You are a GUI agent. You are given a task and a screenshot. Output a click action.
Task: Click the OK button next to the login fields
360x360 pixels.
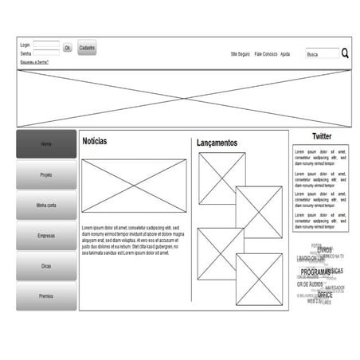point(68,48)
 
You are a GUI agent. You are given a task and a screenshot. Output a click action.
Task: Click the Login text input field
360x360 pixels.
point(46,45)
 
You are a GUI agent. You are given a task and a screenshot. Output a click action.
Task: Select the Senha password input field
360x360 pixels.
point(46,53)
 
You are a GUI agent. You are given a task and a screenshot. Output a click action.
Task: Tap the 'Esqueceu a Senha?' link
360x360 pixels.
point(34,61)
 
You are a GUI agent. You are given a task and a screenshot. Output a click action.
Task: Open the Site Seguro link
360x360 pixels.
point(240,54)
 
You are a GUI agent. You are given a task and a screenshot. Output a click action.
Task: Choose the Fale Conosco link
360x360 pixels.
point(265,54)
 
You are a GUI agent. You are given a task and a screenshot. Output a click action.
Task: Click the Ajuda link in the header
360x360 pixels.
point(285,54)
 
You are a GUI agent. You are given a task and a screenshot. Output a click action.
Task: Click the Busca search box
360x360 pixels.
point(322,54)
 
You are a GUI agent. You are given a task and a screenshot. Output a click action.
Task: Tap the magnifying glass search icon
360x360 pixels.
point(346,53)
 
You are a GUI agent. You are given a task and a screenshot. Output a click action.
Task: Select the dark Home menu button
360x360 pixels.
point(46,144)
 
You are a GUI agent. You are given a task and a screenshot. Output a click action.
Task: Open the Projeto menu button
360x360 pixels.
point(46,174)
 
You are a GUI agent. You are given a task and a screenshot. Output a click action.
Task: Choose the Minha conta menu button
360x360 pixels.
point(46,205)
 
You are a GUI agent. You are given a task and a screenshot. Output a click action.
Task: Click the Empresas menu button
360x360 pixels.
point(46,236)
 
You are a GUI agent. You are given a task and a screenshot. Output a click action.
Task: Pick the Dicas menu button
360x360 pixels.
point(46,266)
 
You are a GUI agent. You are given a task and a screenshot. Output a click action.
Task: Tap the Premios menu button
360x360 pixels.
point(46,296)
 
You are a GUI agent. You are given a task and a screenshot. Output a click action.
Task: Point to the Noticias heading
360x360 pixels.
point(94,142)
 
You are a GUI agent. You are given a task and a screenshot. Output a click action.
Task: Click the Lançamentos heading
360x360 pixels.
point(217,143)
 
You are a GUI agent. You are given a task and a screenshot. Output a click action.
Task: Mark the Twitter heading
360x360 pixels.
point(321,136)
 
